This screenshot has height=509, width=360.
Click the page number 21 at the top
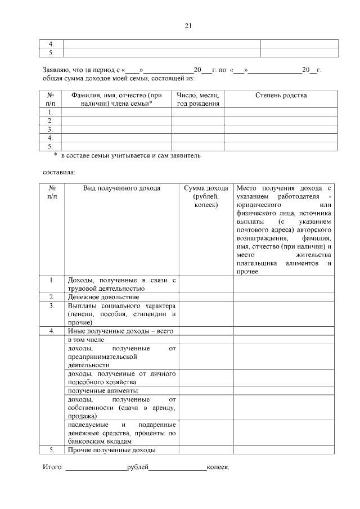[188, 25]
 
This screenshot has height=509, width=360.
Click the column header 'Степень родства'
[281, 96]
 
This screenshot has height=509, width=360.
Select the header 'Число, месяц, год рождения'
[198, 100]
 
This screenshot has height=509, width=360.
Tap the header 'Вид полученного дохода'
[121, 188]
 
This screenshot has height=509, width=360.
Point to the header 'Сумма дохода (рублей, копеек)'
[206, 197]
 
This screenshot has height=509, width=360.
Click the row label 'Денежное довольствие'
[103, 296]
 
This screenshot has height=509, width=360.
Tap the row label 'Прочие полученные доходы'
[111, 449]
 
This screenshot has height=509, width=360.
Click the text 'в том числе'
[86, 340]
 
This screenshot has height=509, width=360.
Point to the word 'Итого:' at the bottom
[53, 467]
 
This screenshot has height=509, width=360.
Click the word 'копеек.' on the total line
[218, 467]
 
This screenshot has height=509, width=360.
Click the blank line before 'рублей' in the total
[96, 467]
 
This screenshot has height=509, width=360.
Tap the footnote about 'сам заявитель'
[127, 155]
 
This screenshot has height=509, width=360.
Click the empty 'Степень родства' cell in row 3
[281, 129]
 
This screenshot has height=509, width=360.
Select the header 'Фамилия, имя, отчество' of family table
[116, 100]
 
